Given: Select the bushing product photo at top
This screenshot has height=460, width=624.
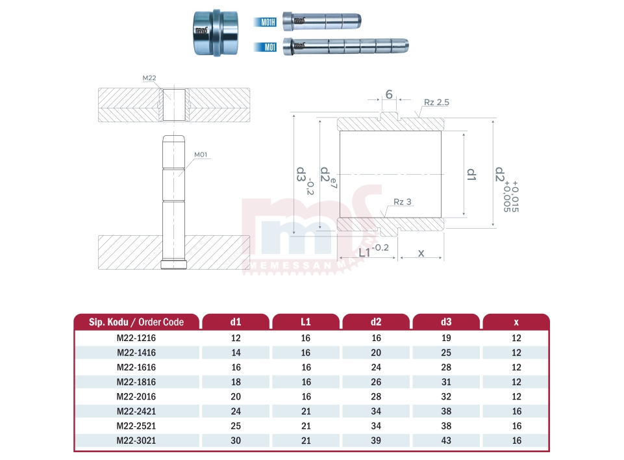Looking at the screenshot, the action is coord(216,33).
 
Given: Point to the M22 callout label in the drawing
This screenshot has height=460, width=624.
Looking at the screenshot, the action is coord(149,78).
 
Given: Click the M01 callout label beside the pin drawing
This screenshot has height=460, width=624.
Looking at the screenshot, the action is coord(201,155).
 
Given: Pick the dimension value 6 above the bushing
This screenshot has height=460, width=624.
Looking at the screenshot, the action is coord(389,94).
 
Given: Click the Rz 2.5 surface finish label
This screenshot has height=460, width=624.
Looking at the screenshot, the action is coord(436,103).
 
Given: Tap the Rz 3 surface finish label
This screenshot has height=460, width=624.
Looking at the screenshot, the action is coord(403,202).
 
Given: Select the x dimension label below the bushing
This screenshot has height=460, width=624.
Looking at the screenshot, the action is coord(421,253).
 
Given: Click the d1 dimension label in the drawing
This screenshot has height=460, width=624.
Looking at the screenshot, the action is coord(471,174).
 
